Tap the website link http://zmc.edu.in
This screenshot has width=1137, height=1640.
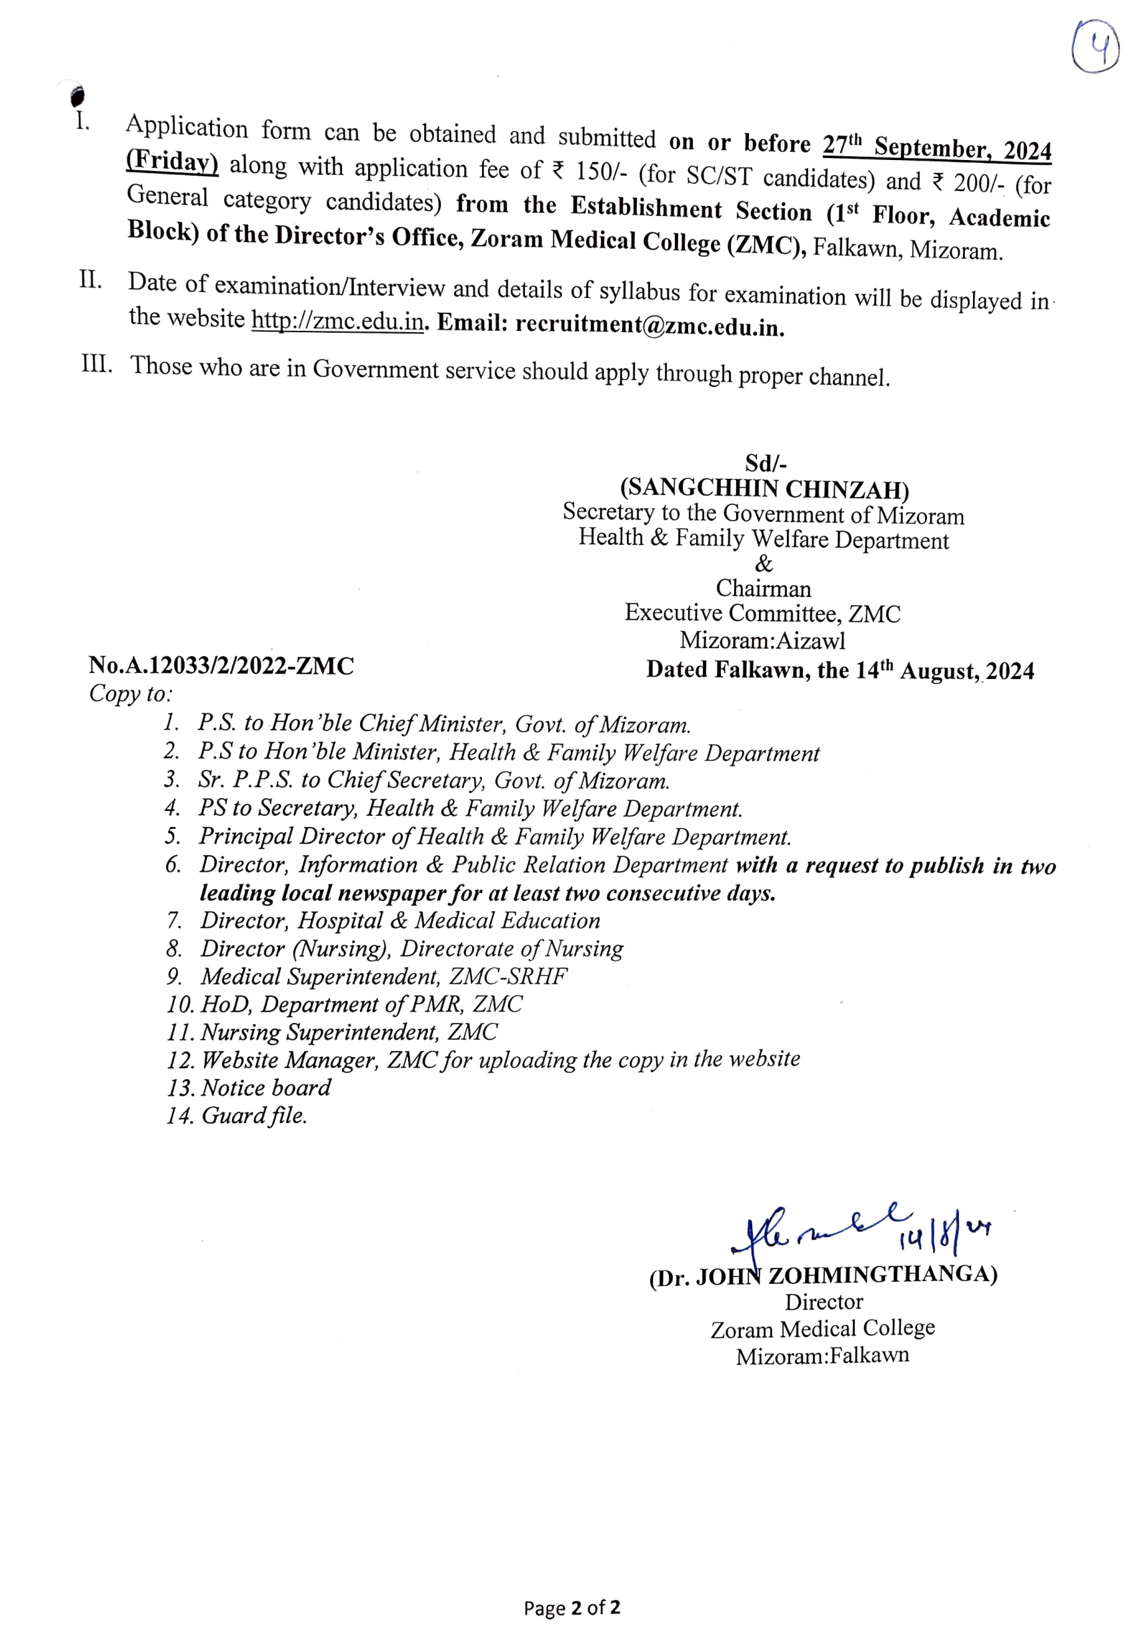[x=337, y=321]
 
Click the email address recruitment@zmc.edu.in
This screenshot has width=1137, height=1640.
[x=649, y=325]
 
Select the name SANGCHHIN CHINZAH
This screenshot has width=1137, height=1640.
[x=764, y=490]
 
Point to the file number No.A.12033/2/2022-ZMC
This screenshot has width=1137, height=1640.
[x=221, y=666]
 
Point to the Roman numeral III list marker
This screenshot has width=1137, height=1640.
[x=97, y=363]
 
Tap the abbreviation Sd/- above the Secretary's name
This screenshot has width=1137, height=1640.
[x=765, y=464]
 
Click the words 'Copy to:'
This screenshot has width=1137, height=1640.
[x=130, y=693]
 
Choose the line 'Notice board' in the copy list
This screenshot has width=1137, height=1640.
[x=265, y=1087]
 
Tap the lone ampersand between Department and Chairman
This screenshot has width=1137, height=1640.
[x=763, y=564]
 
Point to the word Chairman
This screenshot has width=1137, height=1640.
[x=763, y=588]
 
